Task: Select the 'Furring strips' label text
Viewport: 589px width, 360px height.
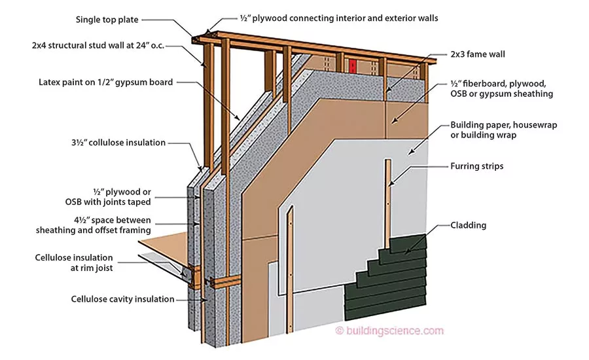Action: (x=477, y=166)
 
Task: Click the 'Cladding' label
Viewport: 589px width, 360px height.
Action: (x=469, y=225)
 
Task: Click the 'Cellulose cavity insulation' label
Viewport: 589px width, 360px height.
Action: (x=123, y=299)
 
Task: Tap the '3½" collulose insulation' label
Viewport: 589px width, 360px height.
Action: (x=118, y=142)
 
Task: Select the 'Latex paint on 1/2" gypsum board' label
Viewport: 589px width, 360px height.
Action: (x=105, y=82)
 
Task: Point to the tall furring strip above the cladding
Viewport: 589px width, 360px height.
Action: (x=389, y=196)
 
